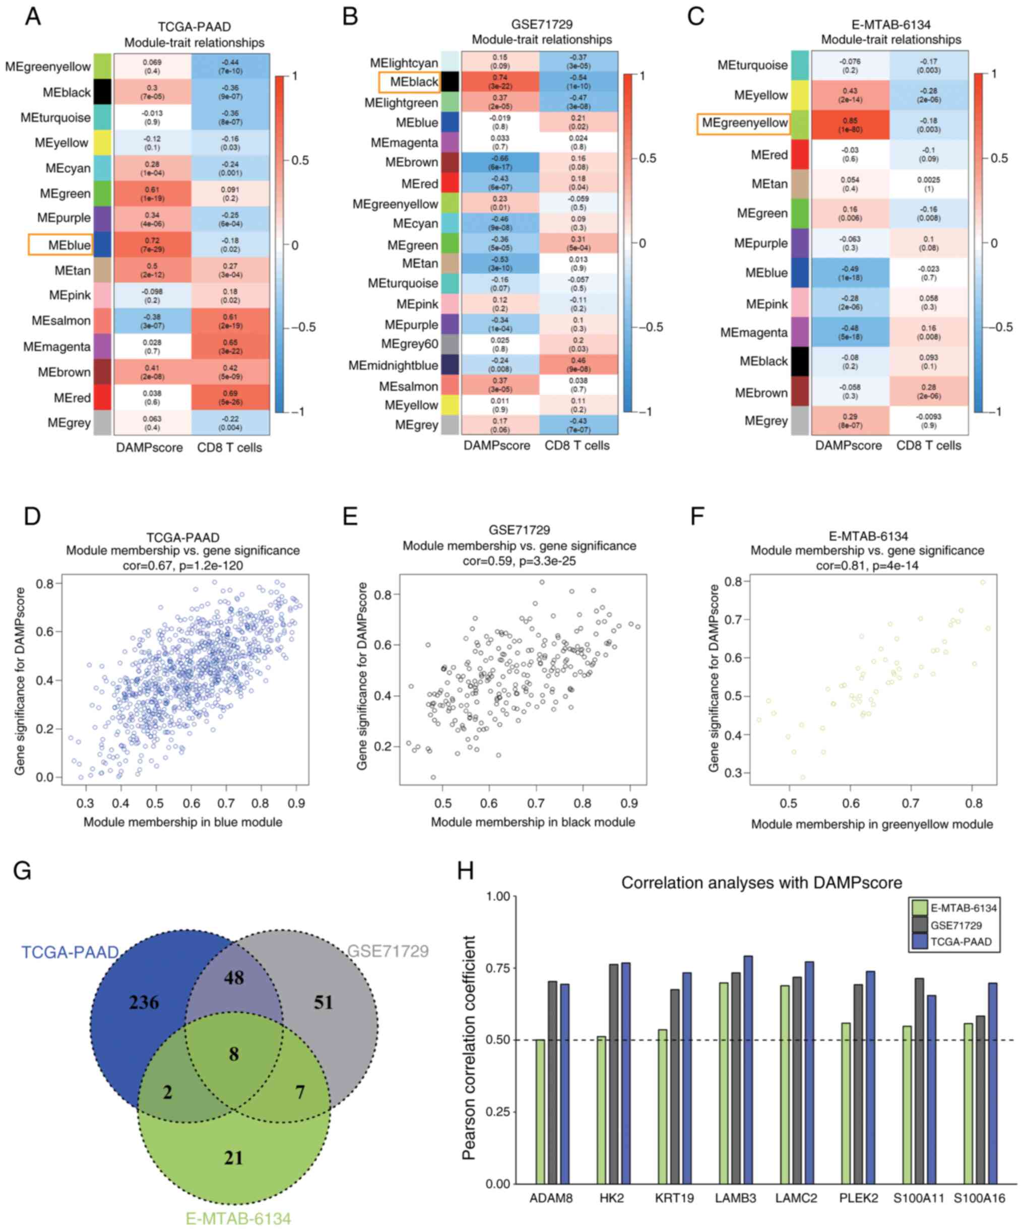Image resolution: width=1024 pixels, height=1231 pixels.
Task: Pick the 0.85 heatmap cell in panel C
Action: point(850,125)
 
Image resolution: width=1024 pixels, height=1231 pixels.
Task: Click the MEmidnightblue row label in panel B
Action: point(393,365)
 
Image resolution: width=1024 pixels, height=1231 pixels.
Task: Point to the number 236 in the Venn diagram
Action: point(144,1002)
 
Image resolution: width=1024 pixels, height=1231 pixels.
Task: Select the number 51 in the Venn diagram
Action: point(323,1002)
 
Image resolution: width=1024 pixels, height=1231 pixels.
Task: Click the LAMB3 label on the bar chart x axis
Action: point(735,1198)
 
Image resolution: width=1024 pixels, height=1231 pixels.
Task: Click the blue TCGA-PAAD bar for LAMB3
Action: point(748,1069)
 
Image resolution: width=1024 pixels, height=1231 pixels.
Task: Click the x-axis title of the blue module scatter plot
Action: point(182,822)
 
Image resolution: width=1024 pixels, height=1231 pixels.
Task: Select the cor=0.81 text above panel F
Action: point(867,566)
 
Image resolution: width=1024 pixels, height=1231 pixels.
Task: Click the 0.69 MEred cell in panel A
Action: point(230,397)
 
